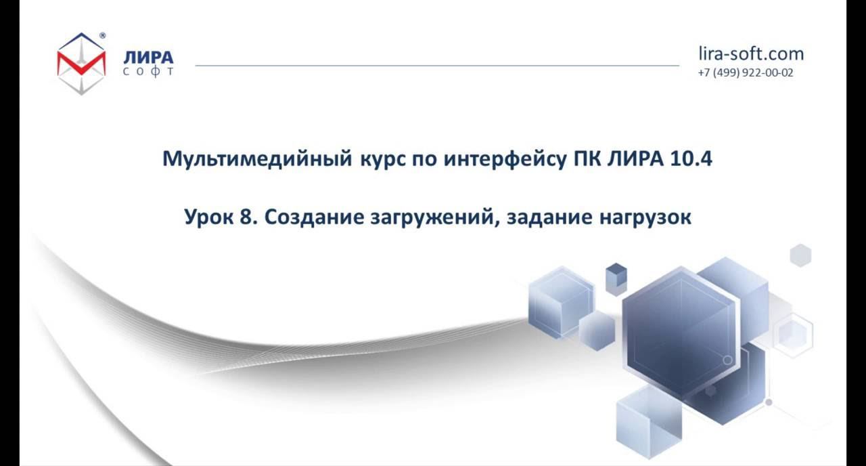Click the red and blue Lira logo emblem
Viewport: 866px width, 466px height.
81,63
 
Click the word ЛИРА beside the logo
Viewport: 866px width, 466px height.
148,57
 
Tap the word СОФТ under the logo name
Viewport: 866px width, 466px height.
148,71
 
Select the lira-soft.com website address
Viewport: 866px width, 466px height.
751,54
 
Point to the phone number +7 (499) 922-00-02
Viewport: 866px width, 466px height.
746,72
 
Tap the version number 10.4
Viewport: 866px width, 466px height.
691,159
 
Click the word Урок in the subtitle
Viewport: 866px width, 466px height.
208,218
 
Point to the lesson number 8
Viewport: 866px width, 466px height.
248,218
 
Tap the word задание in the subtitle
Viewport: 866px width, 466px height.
549,218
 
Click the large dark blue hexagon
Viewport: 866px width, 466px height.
679,332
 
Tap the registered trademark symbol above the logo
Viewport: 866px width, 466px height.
102,35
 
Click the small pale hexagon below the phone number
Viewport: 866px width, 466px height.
800,255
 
